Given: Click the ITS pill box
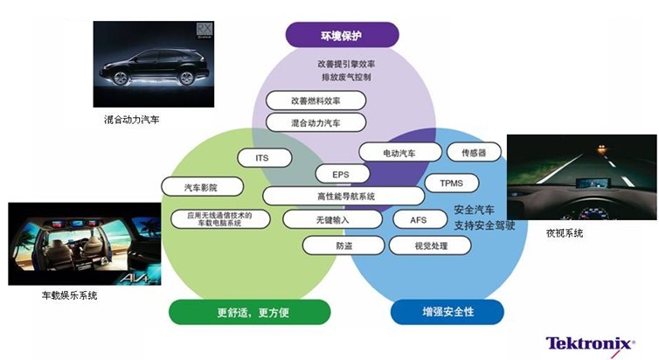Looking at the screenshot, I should click(261, 158).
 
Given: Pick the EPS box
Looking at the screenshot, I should click(341, 174).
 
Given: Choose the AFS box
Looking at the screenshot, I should click(419, 219).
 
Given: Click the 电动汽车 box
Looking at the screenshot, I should click(399, 152).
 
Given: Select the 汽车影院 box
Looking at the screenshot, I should click(200, 187).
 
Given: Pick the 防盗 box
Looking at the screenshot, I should click(343, 246).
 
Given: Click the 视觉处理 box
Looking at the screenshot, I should click(430, 246).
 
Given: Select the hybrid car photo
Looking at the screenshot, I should click(154, 63).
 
